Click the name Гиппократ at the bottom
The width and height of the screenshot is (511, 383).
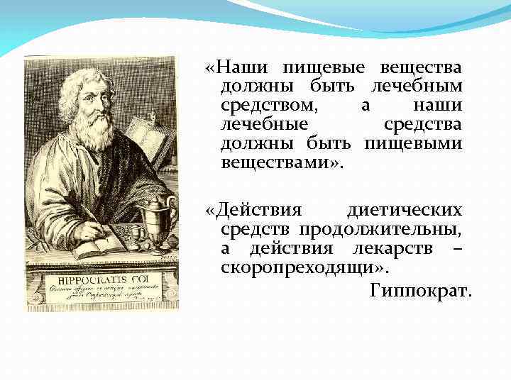420,291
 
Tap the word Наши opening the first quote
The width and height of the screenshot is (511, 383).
238,68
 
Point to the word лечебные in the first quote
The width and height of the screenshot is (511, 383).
264,125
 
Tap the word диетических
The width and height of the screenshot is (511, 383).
405,211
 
